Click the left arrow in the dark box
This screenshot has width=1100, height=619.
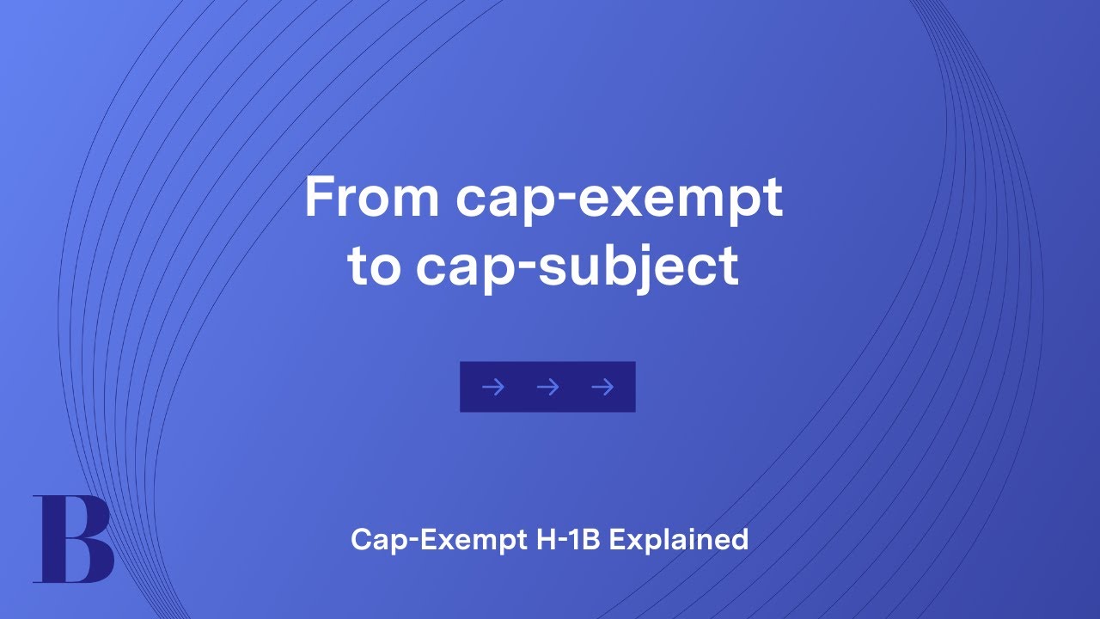click(x=492, y=388)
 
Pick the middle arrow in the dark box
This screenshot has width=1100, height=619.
click(x=547, y=388)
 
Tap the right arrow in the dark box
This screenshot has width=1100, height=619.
click(x=602, y=388)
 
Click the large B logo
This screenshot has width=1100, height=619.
click(x=72, y=539)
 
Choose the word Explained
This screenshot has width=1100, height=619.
click(x=679, y=541)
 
